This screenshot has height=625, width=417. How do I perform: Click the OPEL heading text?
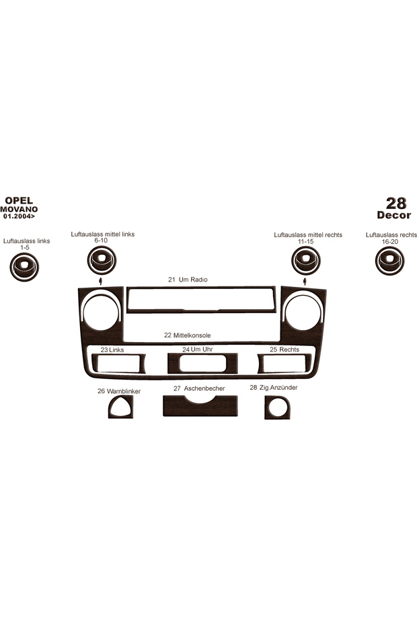pyautogui.click(x=19, y=200)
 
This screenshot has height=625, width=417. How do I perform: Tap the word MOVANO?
pyautogui.click(x=19, y=209)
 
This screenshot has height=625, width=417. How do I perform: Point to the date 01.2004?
pyautogui.click(x=19, y=216)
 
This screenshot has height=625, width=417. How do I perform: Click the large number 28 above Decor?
pyautogui.click(x=396, y=203)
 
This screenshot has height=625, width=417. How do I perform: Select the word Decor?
pyautogui.click(x=394, y=215)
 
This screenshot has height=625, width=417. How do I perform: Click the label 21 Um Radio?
pyautogui.click(x=188, y=280)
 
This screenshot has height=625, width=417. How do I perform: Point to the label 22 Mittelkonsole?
pyautogui.click(x=187, y=335)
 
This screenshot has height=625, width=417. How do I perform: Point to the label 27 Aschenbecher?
pyautogui.click(x=199, y=388)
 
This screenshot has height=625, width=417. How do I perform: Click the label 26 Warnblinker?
pyautogui.click(x=119, y=391)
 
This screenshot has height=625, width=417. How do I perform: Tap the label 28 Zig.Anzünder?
pyautogui.click(x=274, y=388)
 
